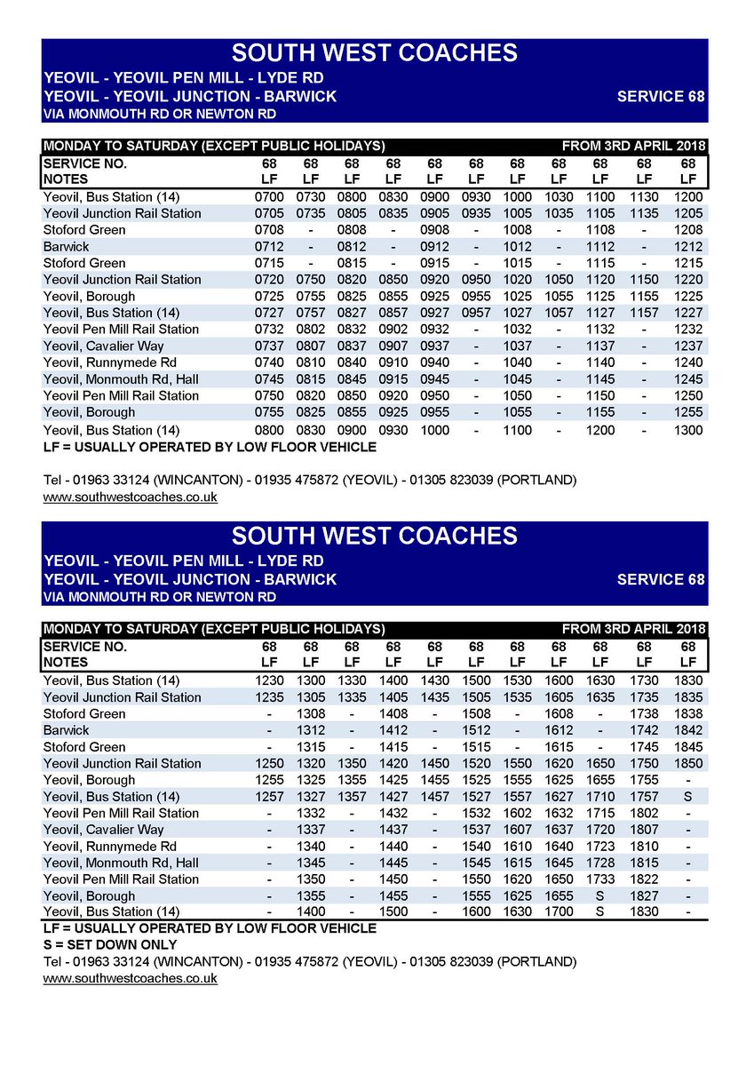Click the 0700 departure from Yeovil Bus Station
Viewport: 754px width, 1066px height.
[x=270, y=196]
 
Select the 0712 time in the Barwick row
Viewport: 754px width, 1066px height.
[x=270, y=246]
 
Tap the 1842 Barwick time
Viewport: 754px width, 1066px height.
[x=687, y=730]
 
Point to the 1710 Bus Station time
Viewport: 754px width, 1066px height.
[x=600, y=797]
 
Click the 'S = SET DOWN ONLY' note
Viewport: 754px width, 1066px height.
[x=110, y=944]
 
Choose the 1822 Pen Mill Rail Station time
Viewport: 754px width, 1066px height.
[x=644, y=879]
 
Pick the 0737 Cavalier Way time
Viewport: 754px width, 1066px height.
[x=270, y=346]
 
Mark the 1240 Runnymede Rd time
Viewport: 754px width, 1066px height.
[x=687, y=362]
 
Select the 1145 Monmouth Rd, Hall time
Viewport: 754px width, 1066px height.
[x=600, y=379]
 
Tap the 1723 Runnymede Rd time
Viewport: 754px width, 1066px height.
[x=600, y=847]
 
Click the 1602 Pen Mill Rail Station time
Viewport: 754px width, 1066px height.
[x=518, y=813]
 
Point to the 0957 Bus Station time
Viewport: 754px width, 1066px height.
[x=476, y=313]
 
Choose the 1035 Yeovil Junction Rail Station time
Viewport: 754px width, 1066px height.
[x=559, y=213]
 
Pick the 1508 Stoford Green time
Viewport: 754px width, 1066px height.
[x=476, y=713]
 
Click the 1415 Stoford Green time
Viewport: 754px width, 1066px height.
[x=393, y=747]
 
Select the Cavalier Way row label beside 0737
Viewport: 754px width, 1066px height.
[x=103, y=346]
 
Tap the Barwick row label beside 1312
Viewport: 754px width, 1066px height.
[x=67, y=730]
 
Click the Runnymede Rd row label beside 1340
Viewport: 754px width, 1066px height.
[x=110, y=847]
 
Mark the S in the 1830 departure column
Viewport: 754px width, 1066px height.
[x=687, y=797]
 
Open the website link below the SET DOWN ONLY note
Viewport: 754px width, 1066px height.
[x=131, y=978]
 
